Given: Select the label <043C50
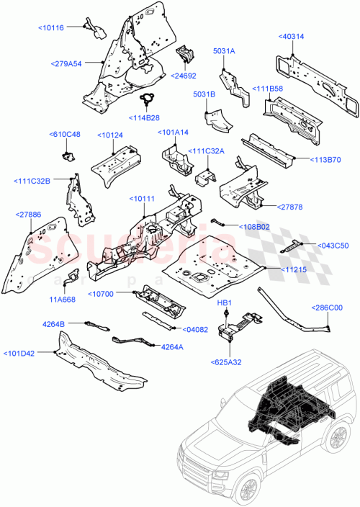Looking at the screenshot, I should (x=333, y=246).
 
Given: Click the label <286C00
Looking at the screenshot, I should (x=328, y=308).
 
